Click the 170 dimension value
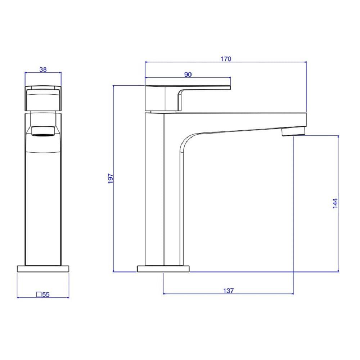[x=226, y=59]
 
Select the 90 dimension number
[x=188, y=75]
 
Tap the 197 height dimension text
[x=111, y=179]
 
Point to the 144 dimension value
[x=335, y=203]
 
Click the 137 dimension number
[x=229, y=291]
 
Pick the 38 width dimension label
[x=43, y=69]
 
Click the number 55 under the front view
[x=46, y=294]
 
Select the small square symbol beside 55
[x=39, y=294]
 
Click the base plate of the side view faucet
[x=163, y=269]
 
